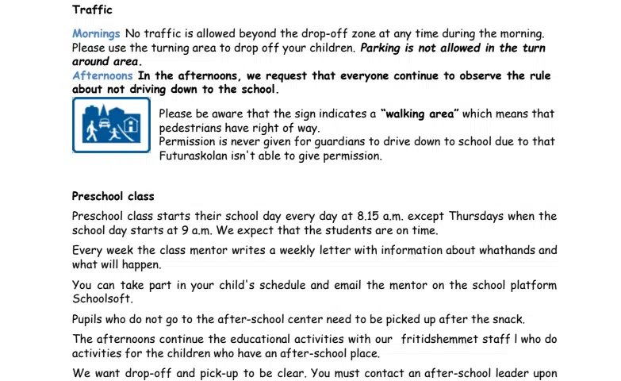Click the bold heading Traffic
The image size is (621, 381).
[92, 10]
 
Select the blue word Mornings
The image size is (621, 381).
[96, 34]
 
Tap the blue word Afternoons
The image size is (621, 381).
[102, 76]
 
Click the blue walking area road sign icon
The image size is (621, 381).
[111, 125]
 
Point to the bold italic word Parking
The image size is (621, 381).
[381, 48]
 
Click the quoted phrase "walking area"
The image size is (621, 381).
[420, 114]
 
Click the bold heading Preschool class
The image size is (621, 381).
[113, 196]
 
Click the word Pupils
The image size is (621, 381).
[89, 320]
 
